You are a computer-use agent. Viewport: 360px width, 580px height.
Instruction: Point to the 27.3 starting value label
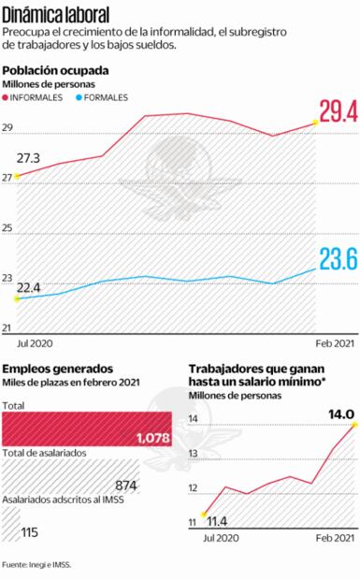tap(28, 158)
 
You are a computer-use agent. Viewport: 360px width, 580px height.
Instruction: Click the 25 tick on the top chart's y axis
tap(8, 228)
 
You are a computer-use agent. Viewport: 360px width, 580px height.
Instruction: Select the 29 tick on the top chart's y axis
tap(8, 128)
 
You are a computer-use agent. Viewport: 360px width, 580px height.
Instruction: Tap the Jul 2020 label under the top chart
tap(34, 343)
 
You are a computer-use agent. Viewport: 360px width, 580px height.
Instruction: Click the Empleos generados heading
tap(58, 370)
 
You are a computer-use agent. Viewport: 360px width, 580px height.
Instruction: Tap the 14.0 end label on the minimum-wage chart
tap(339, 413)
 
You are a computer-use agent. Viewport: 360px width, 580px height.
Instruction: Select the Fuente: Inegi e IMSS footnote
tap(37, 565)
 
